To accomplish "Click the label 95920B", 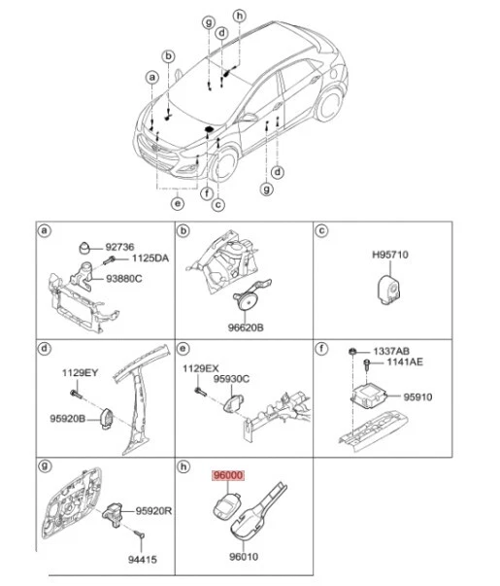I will (x=68, y=419).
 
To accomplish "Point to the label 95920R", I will (x=154, y=510).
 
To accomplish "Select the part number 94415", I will (x=144, y=560).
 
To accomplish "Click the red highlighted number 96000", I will (x=229, y=476).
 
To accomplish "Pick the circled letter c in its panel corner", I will (x=322, y=231).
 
